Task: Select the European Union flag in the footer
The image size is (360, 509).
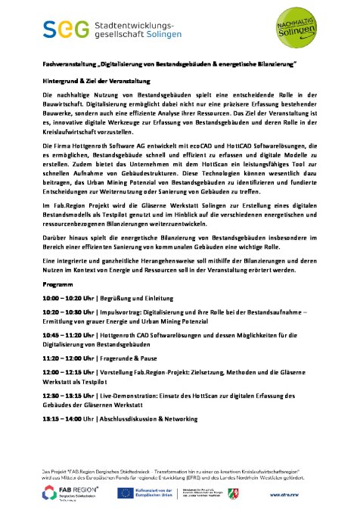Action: [126, 493]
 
